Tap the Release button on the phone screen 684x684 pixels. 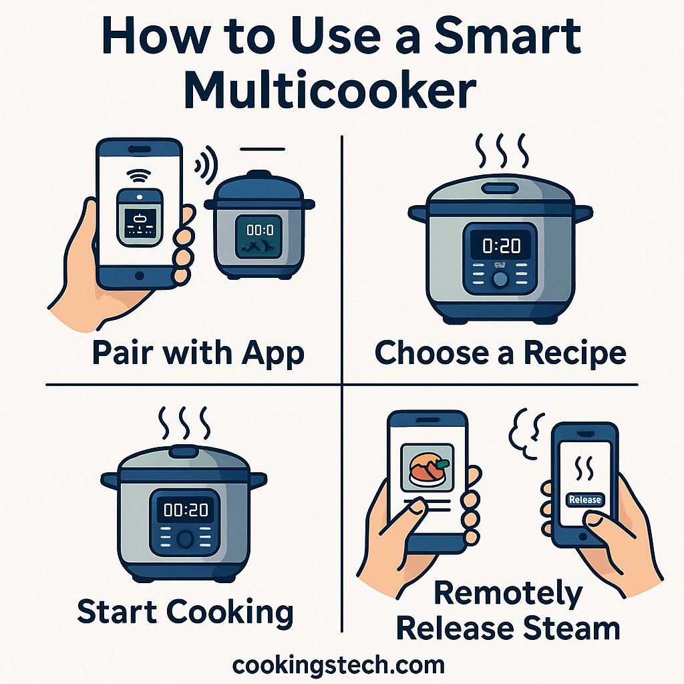point(584,499)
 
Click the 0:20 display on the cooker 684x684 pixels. point(500,246)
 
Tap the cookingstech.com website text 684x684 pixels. point(338,665)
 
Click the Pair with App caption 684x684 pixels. point(198,353)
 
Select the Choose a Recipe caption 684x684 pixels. point(500,353)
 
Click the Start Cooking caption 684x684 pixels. point(185,612)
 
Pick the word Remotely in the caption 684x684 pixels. point(508,594)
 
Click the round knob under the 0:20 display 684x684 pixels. point(500,279)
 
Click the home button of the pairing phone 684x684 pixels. point(139,275)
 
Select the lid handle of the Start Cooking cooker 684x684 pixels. point(184,452)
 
